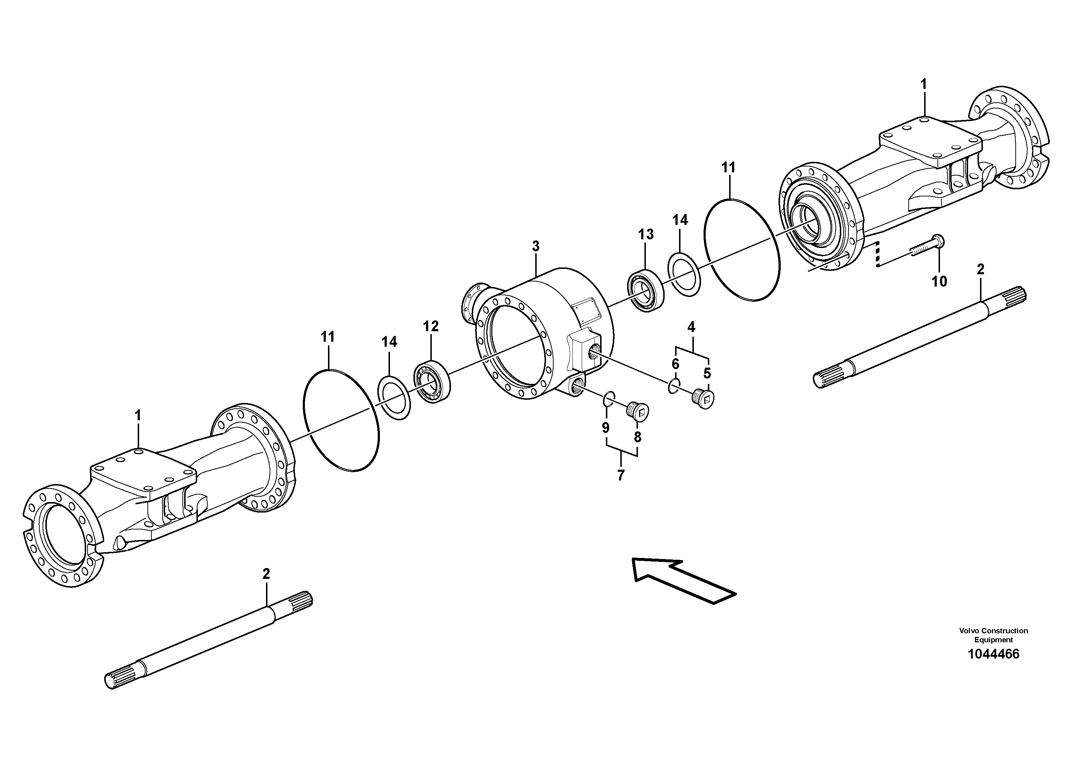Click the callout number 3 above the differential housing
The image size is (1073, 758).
[x=536, y=246]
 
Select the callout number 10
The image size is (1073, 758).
[x=939, y=282]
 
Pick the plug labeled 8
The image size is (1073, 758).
[x=638, y=412]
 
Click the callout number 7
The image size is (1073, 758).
[x=621, y=475]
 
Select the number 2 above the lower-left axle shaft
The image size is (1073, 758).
[x=266, y=574]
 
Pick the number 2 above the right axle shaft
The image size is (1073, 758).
[x=980, y=269]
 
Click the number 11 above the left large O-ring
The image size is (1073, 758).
[x=328, y=337]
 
